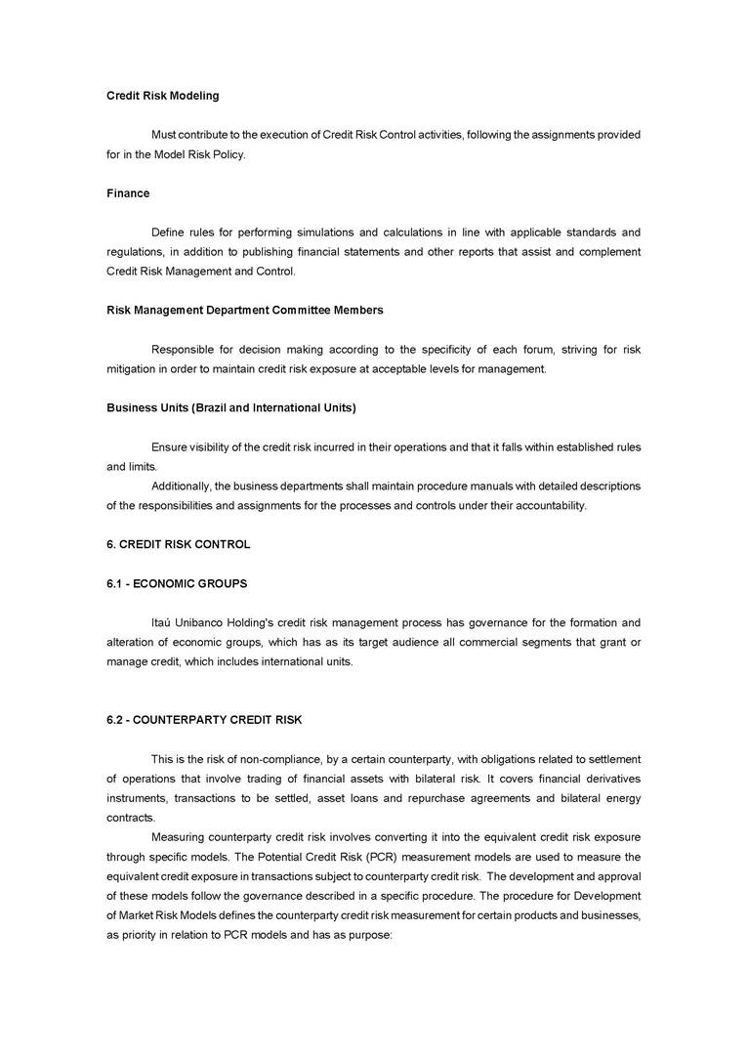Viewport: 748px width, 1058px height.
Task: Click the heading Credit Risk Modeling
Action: click(x=162, y=96)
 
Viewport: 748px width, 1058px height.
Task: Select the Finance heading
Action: click(x=128, y=193)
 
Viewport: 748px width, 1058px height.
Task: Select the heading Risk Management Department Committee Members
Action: click(x=244, y=311)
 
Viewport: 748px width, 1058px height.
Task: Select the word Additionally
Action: click(x=181, y=486)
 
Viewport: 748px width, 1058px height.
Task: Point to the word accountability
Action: click(x=550, y=505)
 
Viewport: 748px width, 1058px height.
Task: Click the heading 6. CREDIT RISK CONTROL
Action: click(x=178, y=544)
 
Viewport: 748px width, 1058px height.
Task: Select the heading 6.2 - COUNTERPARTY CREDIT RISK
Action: click(x=204, y=720)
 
